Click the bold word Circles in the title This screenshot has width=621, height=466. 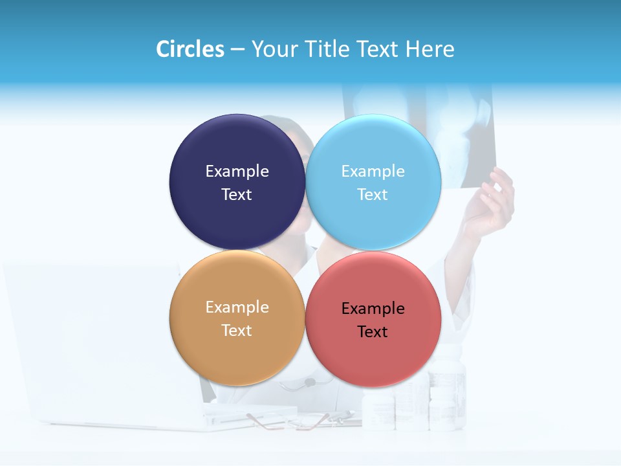[x=190, y=49]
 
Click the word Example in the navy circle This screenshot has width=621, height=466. [x=237, y=171]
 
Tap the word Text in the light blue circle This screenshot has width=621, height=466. [x=373, y=194]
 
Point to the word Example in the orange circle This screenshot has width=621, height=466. [x=237, y=307]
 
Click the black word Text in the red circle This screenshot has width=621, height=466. [x=373, y=331]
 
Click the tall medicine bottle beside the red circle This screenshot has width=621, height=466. [x=448, y=395]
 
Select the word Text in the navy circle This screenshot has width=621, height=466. [x=237, y=194]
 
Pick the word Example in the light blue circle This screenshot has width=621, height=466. [x=373, y=171]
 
